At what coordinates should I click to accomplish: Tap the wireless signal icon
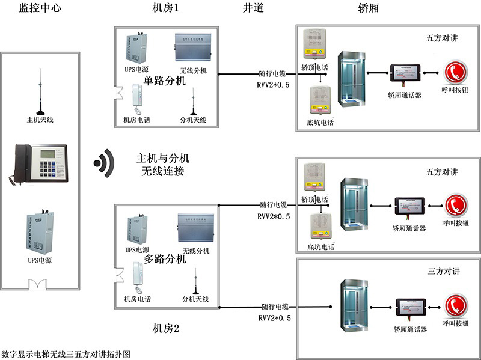pos(104,162)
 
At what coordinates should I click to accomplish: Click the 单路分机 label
pos(164,81)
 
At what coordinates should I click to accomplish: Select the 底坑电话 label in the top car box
pos(320,122)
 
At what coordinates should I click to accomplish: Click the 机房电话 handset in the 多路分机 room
pos(136,276)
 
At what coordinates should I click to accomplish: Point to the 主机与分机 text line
pos(163,158)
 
